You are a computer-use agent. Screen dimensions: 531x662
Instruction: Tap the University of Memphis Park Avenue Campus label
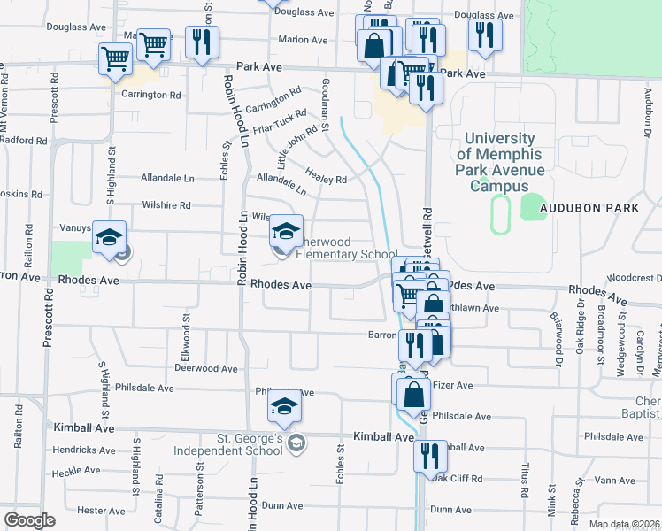(499, 162)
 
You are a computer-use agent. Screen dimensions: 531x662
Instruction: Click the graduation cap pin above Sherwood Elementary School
(286, 233)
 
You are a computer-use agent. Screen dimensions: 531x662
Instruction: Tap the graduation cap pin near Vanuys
(110, 239)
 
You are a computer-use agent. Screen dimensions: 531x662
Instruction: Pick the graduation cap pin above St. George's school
(284, 407)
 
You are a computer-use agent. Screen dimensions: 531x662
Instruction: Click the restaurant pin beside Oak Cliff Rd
(431, 458)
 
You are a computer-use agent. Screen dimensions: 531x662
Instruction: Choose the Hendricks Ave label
(82, 450)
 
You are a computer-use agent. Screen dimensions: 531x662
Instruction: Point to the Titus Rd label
(526, 478)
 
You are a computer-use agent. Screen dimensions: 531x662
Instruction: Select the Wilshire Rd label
(166, 205)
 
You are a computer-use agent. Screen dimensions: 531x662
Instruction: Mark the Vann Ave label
(615, 480)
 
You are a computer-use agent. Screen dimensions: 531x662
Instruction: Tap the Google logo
(29, 520)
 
